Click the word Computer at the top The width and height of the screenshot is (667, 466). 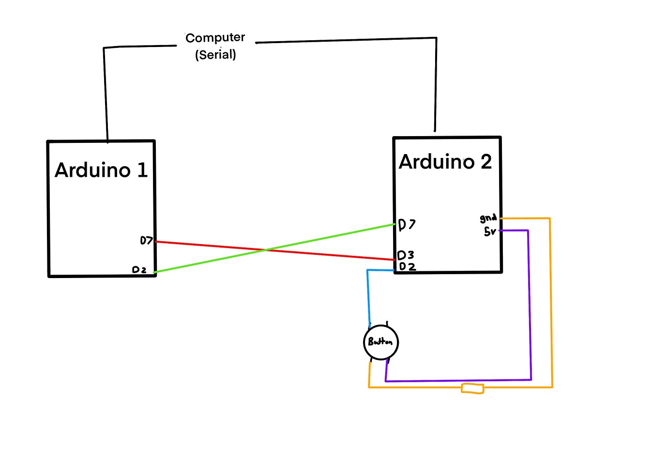pyautogui.click(x=215, y=38)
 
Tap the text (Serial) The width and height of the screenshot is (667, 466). pyautogui.click(x=215, y=55)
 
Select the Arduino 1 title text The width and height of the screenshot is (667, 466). pyautogui.click(x=101, y=170)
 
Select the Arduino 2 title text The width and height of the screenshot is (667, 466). pyautogui.click(x=445, y=162)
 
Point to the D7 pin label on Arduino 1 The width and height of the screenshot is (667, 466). pyautogui.click(x=146, y=240)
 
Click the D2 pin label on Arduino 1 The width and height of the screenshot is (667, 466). pyautogui.click(x=139, y=270)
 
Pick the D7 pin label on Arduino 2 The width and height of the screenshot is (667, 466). pyautogui.click(x=407, y=225)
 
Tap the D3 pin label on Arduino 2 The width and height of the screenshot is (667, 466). pyautogui.click(x=406, y=255)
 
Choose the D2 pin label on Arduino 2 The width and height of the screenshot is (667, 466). pyautogui.click(x=408, y=266)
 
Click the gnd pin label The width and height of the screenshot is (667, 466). pyautogui.click(x=488, y=218)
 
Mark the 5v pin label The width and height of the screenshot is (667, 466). pyautogui.click(x=490, y=232)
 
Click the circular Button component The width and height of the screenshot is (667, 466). pyautogui.click(x=381, y=342)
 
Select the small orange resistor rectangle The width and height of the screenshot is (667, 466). pyautogui.click(x=472, y=388)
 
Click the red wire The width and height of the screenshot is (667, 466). pyautogui.click(x=275, y=251)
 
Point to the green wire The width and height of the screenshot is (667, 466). pyautogui.click(x=274, y=248)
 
